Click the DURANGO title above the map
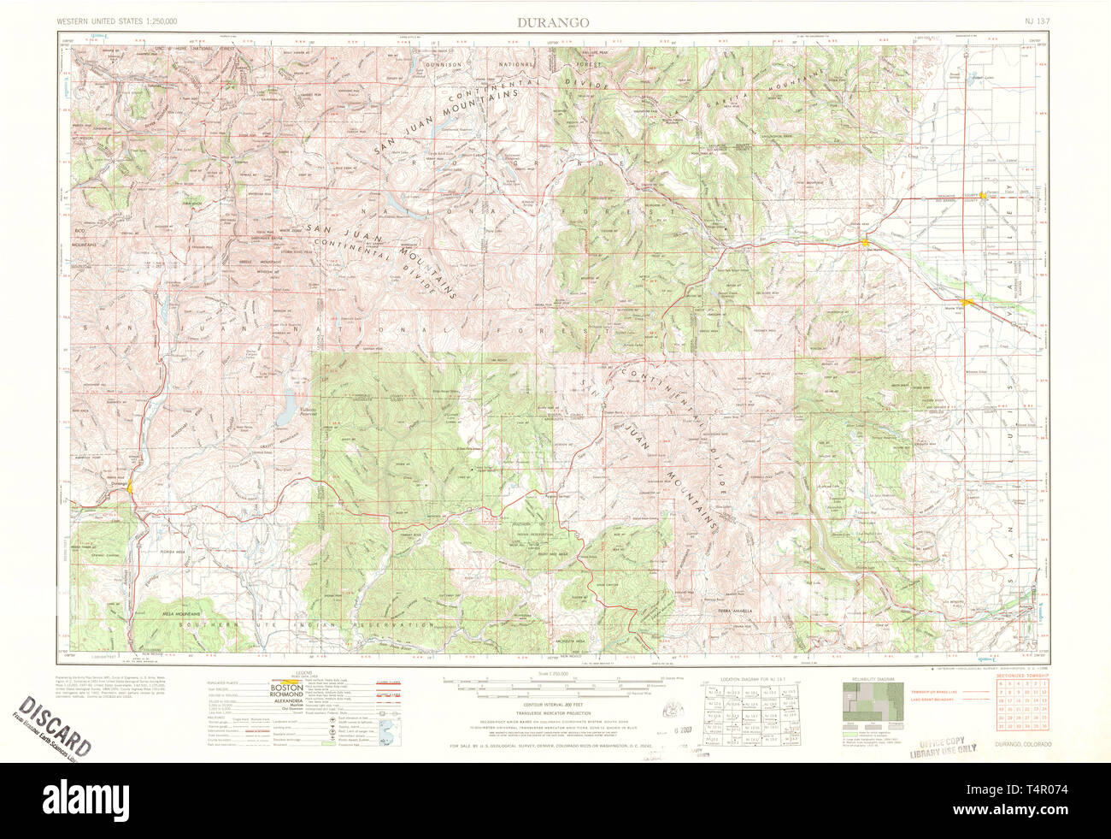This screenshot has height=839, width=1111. [552, 22]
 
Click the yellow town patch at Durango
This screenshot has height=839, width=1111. [129, 488]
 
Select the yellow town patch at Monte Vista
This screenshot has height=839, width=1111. [966, 302]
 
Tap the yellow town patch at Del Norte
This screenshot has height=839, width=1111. [866, 243]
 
